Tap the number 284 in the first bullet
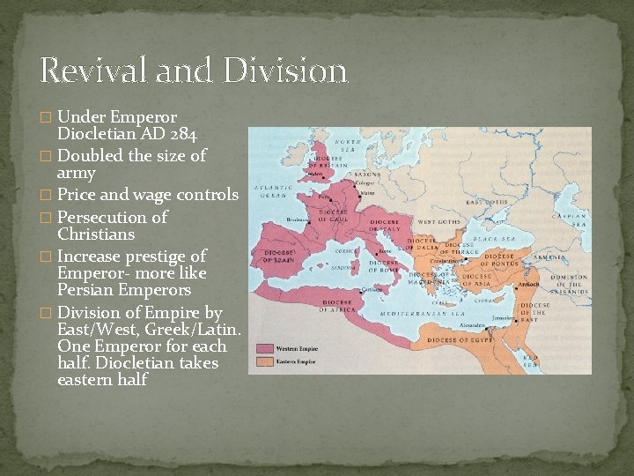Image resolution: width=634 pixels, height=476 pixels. (178, 135)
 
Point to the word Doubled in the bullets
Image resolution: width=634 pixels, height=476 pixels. (92, 156)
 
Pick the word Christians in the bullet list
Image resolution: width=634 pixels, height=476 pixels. (96, 234)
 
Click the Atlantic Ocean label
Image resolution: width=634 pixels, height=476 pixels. (269, 191)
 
